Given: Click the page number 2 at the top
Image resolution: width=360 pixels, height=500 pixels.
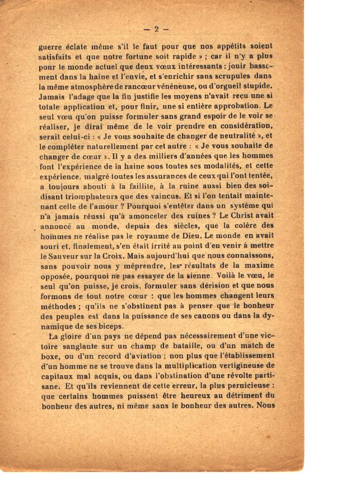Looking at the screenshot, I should click(156, 29).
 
